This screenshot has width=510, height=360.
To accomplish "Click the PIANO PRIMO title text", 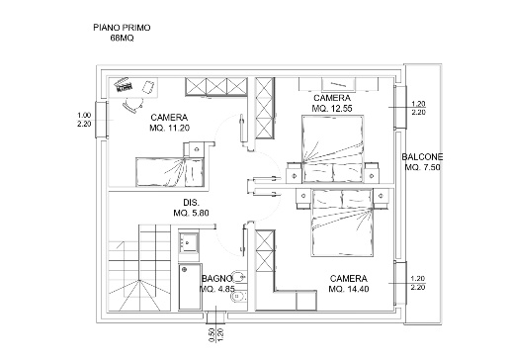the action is (x=122, y=28).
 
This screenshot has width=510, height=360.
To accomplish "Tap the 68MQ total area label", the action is (x=122, y=38).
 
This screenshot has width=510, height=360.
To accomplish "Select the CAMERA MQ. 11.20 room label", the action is (x=169, y=123).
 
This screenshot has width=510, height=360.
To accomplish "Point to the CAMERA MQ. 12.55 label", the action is (x=332, y=103).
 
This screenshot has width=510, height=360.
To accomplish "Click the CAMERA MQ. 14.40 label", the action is (x=349, y=284).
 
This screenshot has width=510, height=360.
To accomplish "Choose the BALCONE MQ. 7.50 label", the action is (x=422, y=162).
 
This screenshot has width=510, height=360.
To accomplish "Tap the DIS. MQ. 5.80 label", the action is (x=191, y=208).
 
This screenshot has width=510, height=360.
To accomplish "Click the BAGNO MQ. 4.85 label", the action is (x=217, y=284).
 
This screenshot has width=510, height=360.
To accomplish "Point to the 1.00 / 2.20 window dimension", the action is (x=84, y=120).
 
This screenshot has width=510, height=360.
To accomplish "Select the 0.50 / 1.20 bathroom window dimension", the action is (x=216, y=334).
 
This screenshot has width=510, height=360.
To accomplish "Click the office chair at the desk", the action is (x=132, y=104).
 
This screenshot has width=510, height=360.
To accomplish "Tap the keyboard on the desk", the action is (x=124, y=85).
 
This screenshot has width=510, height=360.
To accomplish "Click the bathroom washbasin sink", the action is (x=189, y=242).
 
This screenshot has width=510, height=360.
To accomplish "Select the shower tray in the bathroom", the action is (x=190, y=287).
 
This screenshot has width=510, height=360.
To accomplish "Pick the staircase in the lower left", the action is (x=139, y=268).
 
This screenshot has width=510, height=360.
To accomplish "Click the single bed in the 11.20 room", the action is (x=170, y=172).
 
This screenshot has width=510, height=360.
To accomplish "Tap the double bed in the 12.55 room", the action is (x=333, y=148).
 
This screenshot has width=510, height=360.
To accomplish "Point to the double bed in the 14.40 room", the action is (x=343, y=223).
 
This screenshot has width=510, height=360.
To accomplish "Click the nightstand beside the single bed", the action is (x=197, y=149).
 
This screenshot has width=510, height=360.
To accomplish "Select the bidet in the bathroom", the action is (x=238, y=298).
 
